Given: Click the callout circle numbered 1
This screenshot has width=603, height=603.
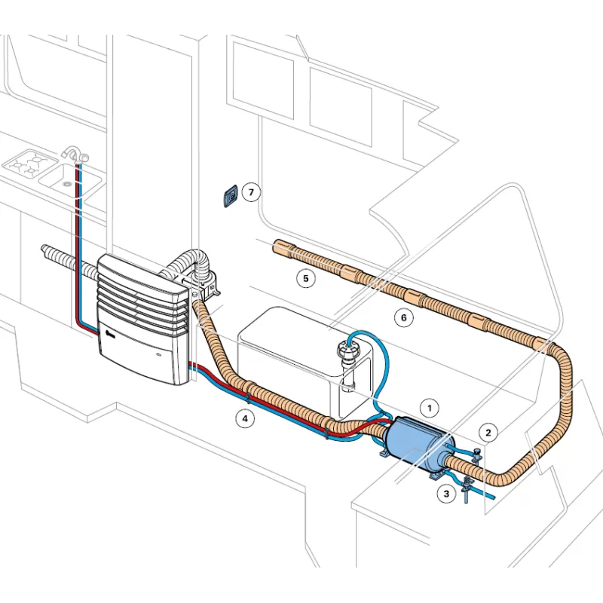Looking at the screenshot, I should pyautogui.click(x=429, y=409).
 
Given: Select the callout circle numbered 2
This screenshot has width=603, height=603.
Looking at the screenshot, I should pyautogui.click(x=488, y=432).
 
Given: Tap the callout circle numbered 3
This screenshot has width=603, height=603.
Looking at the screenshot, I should pyautogui.click(x=447, y=494).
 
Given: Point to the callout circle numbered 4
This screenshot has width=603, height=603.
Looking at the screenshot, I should pyautogui.click(x=243, y=419).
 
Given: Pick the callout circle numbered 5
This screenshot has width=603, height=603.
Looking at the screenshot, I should pyautogui.click(x=305, y=278).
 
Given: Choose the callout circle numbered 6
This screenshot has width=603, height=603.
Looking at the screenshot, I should pyautogui.click(x=403, y=318).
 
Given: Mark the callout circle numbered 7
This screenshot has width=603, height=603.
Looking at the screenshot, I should pyautogui.click(x=252, y=192).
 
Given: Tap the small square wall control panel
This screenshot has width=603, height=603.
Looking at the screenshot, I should pyautogui.click(x=231, y=196).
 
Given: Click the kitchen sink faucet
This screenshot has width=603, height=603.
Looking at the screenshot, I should pyautogui.click(x=74, y=156).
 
